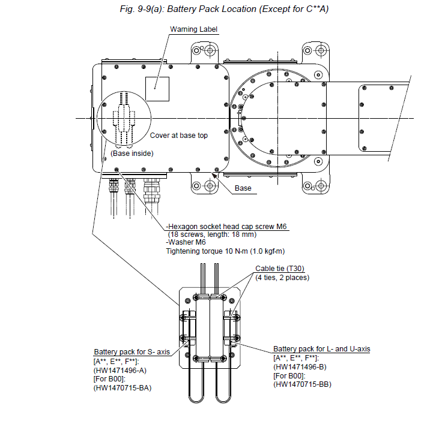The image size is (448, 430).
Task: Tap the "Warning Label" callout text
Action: click(193, 29)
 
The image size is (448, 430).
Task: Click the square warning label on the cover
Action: click(157, 89)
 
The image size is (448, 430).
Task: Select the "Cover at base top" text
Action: click(179, 136)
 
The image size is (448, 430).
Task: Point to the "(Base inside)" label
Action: click(132, 154)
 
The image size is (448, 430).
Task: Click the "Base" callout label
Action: click(243, 188)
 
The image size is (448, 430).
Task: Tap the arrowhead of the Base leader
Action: click(214, 175)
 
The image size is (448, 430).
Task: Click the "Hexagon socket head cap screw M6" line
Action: click(226, 227)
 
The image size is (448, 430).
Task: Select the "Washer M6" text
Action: click(186, 242)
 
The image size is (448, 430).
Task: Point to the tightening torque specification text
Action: click(225, 251)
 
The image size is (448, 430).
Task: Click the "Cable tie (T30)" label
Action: click(280, 269)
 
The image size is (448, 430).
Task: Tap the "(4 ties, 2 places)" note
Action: click(282, 277)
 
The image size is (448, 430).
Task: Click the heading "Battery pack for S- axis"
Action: click(132, 352)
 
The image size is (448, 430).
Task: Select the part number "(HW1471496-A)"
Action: click(120, 371)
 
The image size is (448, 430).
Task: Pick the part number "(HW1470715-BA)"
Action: click(123, 388)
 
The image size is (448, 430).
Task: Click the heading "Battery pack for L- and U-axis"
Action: click(322, 349)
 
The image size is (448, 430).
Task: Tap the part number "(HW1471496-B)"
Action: click(300, 367)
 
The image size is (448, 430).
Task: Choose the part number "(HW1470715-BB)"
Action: click(302, 384)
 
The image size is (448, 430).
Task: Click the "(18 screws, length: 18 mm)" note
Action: click(212, 234)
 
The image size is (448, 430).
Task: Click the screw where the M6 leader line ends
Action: click(117, 170)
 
